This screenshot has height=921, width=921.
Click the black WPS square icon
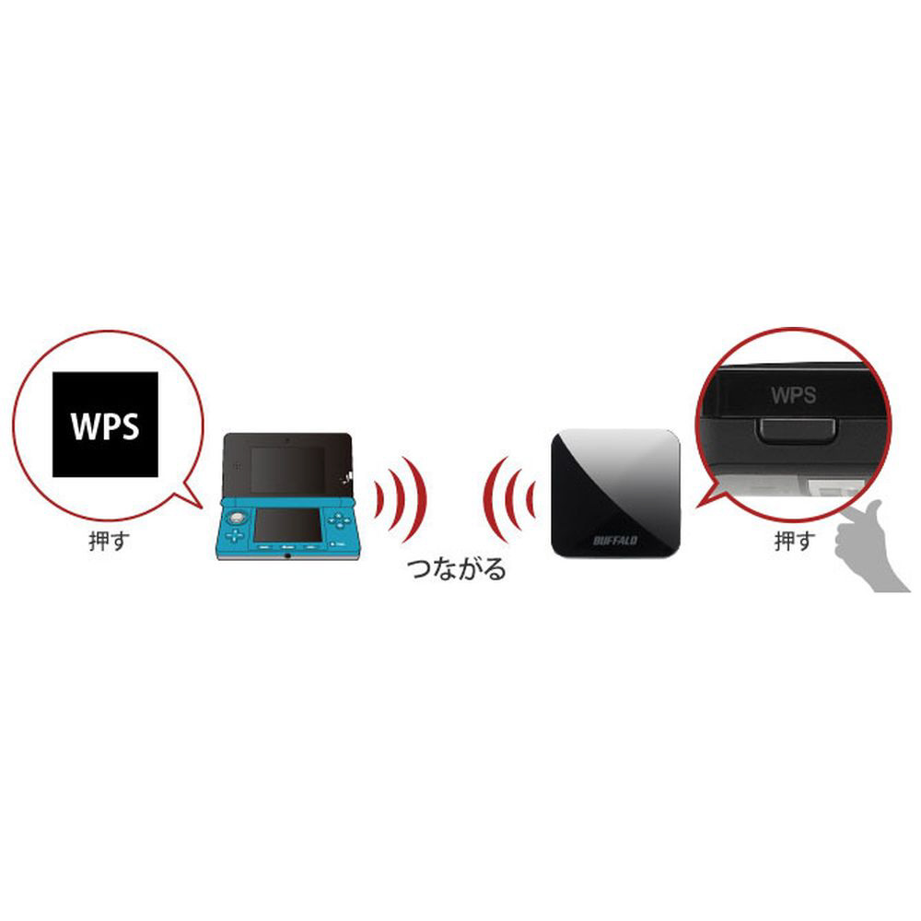pyautogui.click(x=105, y=424)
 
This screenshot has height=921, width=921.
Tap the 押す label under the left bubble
pyautogui.click(x=108, y=541)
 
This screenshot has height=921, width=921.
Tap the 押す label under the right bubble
pyautogui.click(x=796, y=541)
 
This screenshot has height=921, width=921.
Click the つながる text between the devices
pyautogui.click(x=457, y=568)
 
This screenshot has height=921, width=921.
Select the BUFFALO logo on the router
pyautogui.click(x=615, y=540)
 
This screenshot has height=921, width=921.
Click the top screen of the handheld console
pyautogui.click(x=287, y=470)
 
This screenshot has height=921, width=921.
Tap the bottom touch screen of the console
pyautogui.click(x=287, y=525)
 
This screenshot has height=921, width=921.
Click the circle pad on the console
pyautogui.click(x=237, y=518)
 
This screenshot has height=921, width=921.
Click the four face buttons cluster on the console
pyautogui.click(x=339, y=519)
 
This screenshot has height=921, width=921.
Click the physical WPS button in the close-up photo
pyautogui.click(x=798, y=433)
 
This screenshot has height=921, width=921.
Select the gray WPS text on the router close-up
pyautogui.click(x=793, y=395)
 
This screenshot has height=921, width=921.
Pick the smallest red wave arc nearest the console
pyautogui.click(x=379, y=500)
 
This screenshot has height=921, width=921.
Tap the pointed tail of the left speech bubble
pyautogui.click(x=200, y=506)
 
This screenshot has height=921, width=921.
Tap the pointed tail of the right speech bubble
pyautogui.click(x=698, y=506)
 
